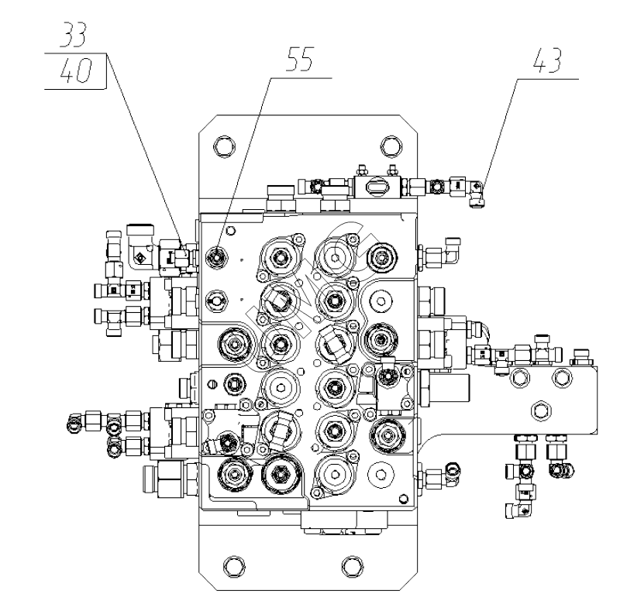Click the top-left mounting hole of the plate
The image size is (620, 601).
click(x=222, y=146)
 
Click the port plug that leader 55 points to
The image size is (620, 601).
click(x=217, y=253)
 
